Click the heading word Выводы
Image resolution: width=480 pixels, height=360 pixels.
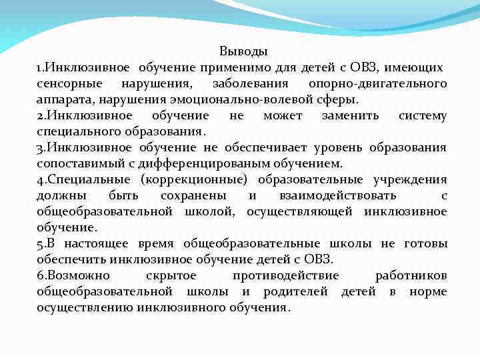[x=243, y=51]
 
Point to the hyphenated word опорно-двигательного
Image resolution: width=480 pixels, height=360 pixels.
[x=377, y=84]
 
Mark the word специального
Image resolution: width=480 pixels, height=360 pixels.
[x=75, y=132]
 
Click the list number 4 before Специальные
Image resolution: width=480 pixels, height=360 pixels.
[x=40, y=180]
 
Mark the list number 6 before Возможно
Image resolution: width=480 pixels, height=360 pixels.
[x=40, y=276]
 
